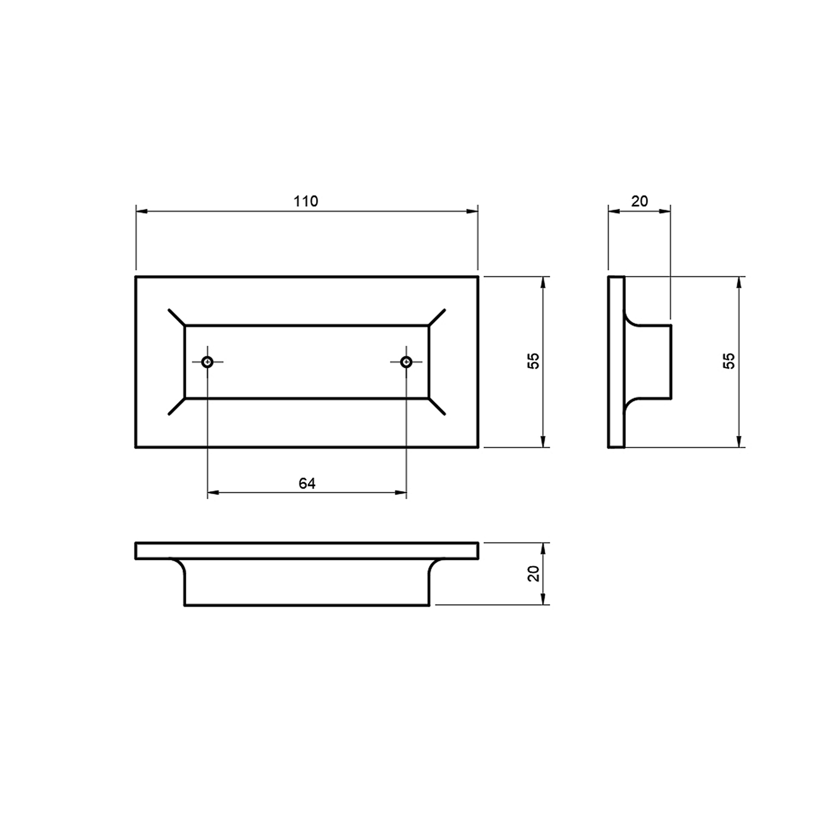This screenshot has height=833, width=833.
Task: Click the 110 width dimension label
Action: (306, 201)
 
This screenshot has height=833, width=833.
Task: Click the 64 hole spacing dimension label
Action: (307, 484)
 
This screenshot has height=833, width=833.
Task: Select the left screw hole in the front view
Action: (208, 362)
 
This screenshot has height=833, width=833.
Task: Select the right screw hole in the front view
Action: (407, 362)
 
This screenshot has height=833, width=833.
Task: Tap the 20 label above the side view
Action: (640, 201)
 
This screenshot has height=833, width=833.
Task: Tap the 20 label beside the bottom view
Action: (534, 574)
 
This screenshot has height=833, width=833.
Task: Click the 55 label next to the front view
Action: (534, 362)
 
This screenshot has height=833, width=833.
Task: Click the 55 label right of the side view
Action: (730, 362)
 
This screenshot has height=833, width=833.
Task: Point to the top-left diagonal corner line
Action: (177, 317)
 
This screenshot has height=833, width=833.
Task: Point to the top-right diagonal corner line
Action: (436, 317)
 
